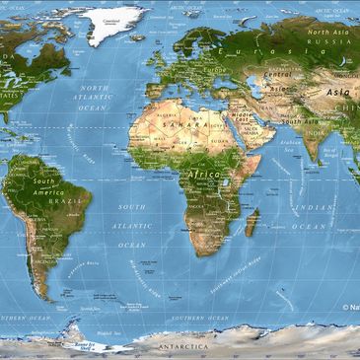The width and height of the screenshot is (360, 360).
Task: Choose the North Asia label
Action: click(329, 33)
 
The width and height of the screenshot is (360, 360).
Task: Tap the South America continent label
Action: click(44, 187)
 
